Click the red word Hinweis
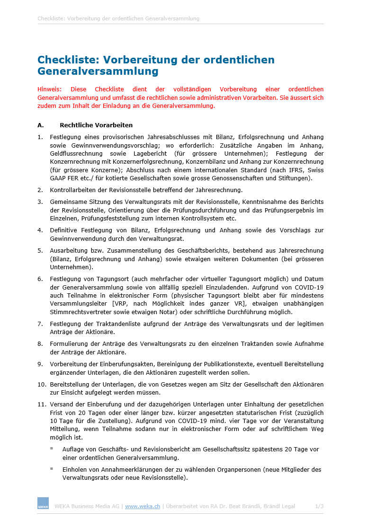[49, 89]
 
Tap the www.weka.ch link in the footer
[143, 506]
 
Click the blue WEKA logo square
[43, 503]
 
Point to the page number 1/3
[320, 506]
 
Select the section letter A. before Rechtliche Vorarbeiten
[41, 125]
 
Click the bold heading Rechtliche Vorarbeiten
[96, 125]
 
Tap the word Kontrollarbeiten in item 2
[73, 190]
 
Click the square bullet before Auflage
[52, 448]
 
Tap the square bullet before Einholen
[52, 469]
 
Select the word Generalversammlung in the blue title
[98, 71]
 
